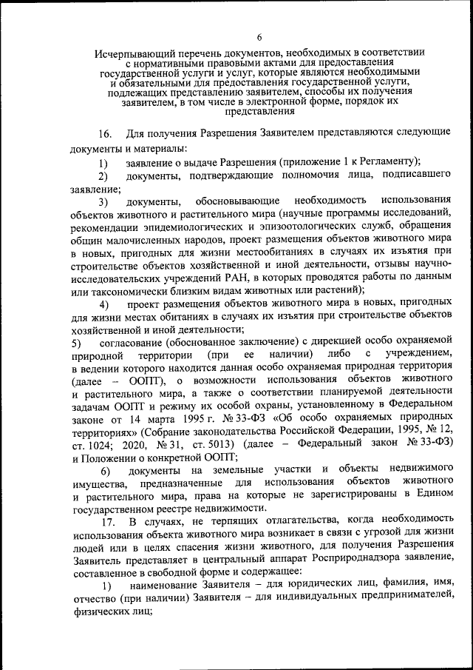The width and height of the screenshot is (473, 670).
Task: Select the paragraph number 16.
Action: click(x=105, y=134)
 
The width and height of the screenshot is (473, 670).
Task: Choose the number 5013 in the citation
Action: click(x=220, y=446)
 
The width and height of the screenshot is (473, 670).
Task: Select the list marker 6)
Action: click(x=104, y=472)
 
